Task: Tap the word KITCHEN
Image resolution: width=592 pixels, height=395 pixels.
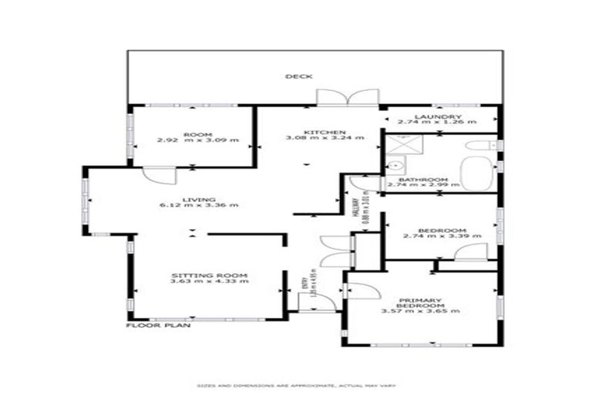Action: click(x=318, y=132)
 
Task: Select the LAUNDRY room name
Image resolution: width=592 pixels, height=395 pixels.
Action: click(x=440, y=116)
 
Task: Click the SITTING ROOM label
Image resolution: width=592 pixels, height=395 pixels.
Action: click(x=209, y=275)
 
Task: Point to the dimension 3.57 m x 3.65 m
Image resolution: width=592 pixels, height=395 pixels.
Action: click(x=420, y=311)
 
